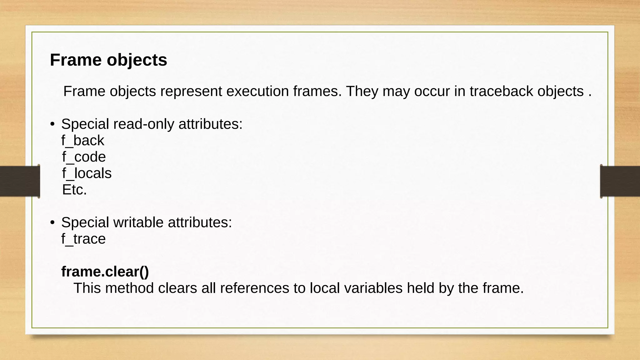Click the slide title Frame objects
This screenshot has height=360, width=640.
(x=108, y=60)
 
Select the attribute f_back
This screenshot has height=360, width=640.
(x=83, y=141)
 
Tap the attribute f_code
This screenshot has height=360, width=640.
(x=84, y=157)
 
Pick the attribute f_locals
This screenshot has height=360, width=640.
(x=87, y=173)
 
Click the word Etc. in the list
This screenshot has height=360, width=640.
(x=74, y=190)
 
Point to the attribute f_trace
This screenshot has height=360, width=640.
(x=83, y=239)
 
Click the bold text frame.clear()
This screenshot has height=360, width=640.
(x=105, y=272)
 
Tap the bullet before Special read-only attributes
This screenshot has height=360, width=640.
(x=52, y=124)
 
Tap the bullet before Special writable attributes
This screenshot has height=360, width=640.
(x=52, y=222)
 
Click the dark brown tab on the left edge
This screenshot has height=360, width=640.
(x=19, y=181)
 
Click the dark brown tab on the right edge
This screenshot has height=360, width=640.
(x=620, y=181)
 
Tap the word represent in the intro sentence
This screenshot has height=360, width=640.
(x=191, y=91)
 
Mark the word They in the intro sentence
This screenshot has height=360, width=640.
(x=362, y=91)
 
